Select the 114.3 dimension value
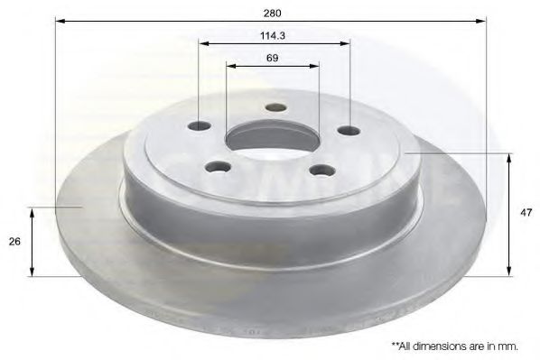pyautogui.click(x=273, y=35)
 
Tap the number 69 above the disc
pyautogui.click(x=273, y=58)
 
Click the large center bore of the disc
pyautogui.click(x=270, y=138)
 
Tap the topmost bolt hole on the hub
pyautogui.click(x=276, y=107)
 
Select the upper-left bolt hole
pyautogui.click(x=199, y=126)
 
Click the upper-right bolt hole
pyautogui.click(x=349, y=131)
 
